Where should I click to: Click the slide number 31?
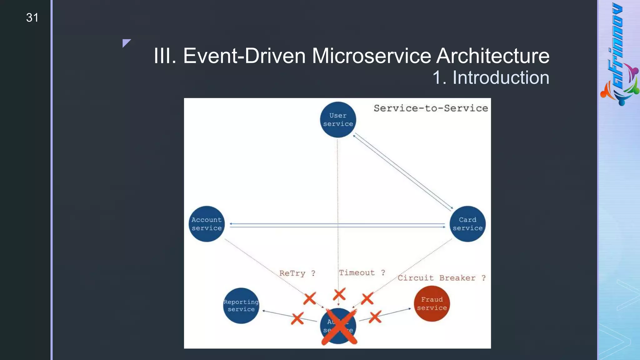(32, 18)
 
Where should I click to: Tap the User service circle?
(338, 120)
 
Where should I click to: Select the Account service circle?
(207, 224)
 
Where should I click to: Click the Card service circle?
(467, 224)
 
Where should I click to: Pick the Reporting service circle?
(241, 306)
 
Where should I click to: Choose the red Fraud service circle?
(432, 303)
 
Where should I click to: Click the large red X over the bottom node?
(339, 327)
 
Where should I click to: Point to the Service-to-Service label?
(431, 108)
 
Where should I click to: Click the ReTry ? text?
(297, 273)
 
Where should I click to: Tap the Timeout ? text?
(362, 272)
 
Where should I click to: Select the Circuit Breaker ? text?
(441, 278)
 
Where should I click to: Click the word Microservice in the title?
(372, 56)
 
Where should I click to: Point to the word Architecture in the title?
(492, 56)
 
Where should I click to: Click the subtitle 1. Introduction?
(491, 77)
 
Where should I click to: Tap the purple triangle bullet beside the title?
(126, 42)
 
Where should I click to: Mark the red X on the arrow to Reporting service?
(297, 318)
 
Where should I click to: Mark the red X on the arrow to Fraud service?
(375, 317)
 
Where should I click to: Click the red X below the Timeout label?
(339, 294)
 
